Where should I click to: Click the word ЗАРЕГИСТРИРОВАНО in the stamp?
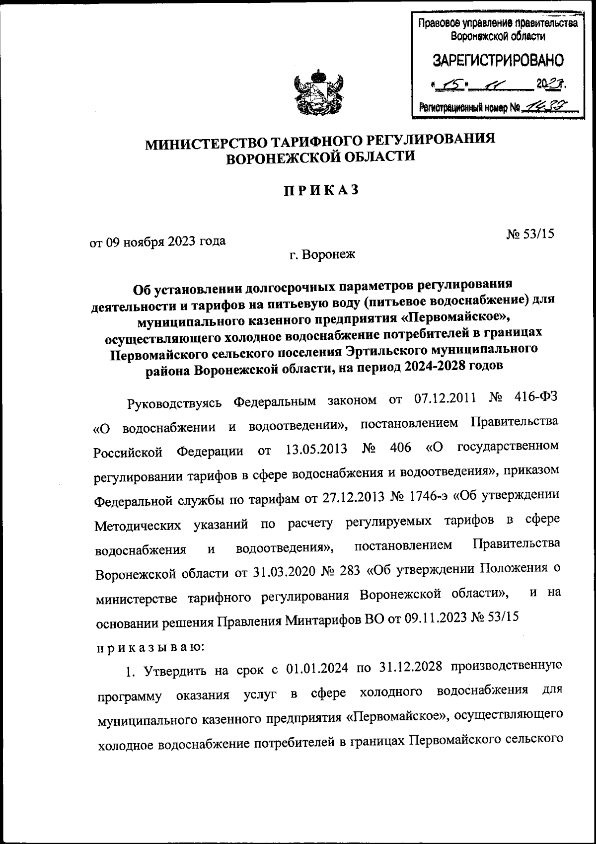(498, 61)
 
